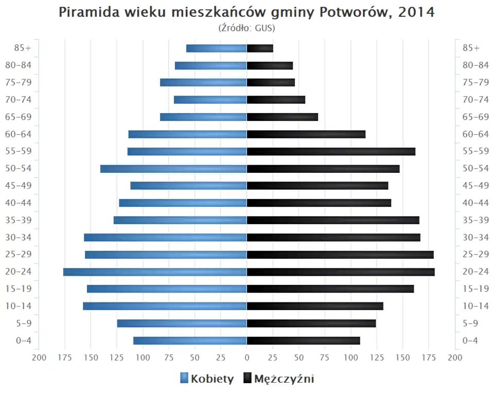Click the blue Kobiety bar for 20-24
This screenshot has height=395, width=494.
(155, 272)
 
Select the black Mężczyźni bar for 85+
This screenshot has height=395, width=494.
(260, 48)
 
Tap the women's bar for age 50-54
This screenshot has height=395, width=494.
(173, 169)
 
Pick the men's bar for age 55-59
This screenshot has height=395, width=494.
(331, 152)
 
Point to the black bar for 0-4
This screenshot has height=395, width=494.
(303, 340)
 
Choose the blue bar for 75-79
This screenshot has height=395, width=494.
(203, 83)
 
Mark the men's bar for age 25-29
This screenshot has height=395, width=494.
(340, 255)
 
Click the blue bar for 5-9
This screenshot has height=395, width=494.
(182, 324)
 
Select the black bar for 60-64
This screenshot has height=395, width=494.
(306, 134)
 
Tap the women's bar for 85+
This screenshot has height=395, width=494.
(216, 48)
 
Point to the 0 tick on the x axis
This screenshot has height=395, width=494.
(247, 358)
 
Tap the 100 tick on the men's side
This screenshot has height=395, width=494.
(351, 358)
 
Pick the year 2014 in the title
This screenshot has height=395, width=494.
(416, 12)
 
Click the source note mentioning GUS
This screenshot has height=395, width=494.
(247, 28)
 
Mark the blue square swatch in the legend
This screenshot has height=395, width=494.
(184, 379)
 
